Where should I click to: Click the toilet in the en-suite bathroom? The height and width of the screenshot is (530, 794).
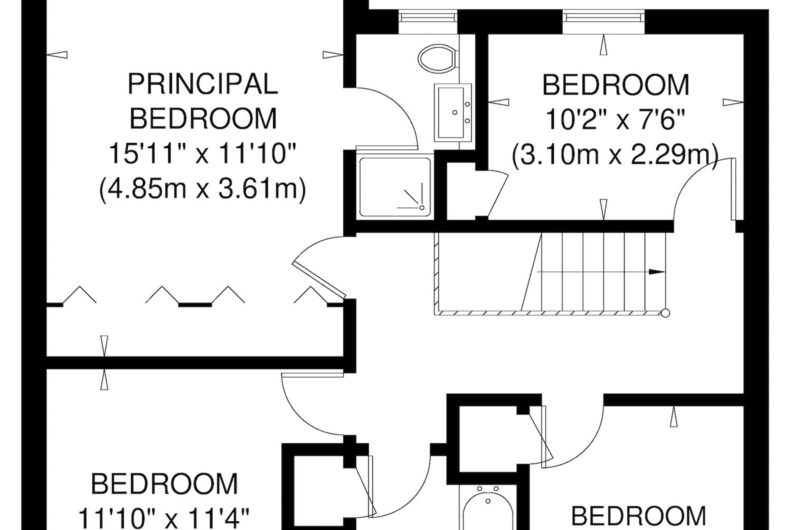438,58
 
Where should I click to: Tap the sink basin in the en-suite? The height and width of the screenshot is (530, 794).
453,112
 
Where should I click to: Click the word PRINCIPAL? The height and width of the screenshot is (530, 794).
203,84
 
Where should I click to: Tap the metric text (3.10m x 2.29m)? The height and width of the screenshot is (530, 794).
615,155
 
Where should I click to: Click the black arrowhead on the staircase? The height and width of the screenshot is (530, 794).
657,272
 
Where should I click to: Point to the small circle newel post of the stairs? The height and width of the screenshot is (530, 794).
665,313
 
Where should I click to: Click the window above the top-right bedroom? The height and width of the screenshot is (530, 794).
603,17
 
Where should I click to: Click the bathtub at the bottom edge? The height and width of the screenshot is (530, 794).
488,509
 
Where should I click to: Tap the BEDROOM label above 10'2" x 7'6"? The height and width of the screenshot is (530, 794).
615,85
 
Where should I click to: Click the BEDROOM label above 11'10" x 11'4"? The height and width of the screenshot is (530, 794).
164,484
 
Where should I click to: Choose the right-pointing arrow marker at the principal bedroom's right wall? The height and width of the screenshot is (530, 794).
333,55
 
